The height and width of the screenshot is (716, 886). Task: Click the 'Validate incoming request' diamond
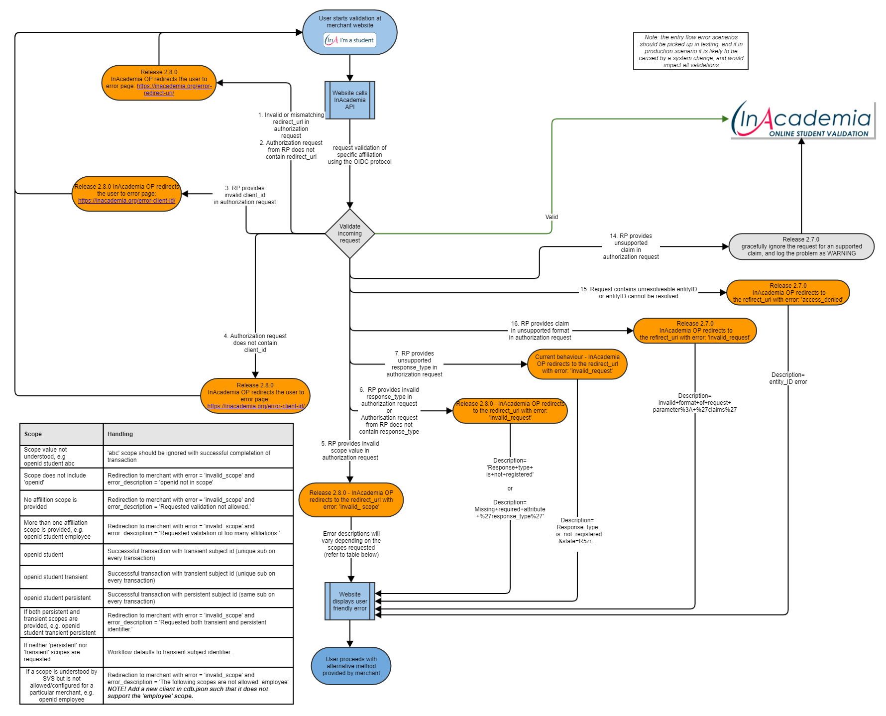point(349,234)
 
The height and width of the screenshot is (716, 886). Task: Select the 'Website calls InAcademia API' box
point(349,100)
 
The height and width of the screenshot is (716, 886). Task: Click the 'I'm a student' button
point(350,40)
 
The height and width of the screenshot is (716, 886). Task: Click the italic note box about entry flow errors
point(690,51)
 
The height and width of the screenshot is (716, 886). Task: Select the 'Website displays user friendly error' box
point(349,601)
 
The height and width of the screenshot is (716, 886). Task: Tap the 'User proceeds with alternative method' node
point(351,666)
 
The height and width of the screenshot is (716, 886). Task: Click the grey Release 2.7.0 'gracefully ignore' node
point(801,246)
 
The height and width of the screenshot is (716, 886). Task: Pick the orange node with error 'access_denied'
point(788,293)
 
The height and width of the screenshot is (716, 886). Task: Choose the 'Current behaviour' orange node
point(577,364)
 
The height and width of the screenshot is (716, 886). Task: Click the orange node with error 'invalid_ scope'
point(351,500)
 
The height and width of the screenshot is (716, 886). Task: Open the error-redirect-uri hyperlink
point(174,90)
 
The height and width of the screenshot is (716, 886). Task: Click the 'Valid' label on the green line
point(552,217)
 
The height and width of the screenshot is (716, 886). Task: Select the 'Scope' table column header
point(33,434)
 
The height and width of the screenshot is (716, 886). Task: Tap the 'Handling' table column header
point(120,434)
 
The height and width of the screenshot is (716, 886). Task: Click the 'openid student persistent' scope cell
point(57,598)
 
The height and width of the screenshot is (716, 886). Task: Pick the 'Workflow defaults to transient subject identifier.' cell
point(170,652)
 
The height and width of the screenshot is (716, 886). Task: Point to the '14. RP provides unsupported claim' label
point(631,246)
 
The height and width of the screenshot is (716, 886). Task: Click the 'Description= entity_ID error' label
point(788,378)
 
